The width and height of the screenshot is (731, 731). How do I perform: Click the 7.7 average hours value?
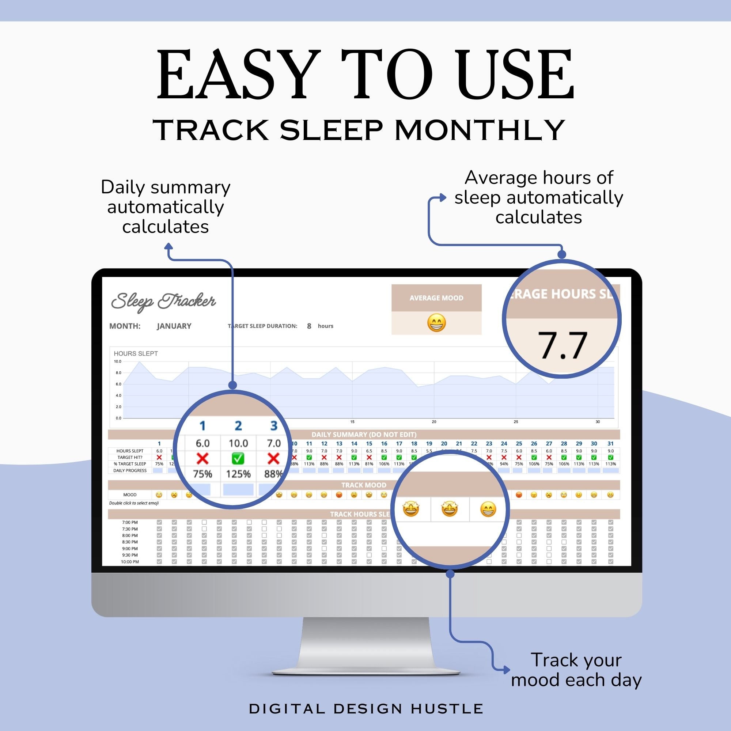tap(562, 345)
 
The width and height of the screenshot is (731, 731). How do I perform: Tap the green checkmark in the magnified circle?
tap(238, 459)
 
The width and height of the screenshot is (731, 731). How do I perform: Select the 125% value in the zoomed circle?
tap(238, 474)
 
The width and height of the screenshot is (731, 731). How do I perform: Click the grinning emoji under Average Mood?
tap(436, 323)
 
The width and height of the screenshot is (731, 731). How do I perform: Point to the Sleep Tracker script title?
tap(163, 301)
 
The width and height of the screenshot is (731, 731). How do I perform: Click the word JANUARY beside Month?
tap(174, 326)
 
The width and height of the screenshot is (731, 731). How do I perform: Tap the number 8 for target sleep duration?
tap(309, 326)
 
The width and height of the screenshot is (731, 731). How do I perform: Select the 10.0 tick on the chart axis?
tap(117, 361)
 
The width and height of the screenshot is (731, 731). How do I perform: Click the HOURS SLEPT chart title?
tap(136, 353)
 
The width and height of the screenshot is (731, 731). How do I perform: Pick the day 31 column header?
tap(610, 443)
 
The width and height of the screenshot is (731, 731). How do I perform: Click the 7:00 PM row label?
tap(130, 523)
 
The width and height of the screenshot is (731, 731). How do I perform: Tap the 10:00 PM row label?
tap(130, 562)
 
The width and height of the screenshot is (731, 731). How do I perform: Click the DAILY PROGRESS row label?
tap(130, 471)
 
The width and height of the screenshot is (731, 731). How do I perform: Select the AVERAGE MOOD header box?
tap(436, 298)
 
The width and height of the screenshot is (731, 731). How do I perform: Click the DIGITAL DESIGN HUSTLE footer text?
tap(365, 709)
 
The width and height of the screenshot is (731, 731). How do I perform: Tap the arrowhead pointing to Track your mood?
tap(507, 670)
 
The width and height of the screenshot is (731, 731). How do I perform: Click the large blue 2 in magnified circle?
tap(238, 426)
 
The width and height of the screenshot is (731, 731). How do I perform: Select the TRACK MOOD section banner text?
tap(364, 485)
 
